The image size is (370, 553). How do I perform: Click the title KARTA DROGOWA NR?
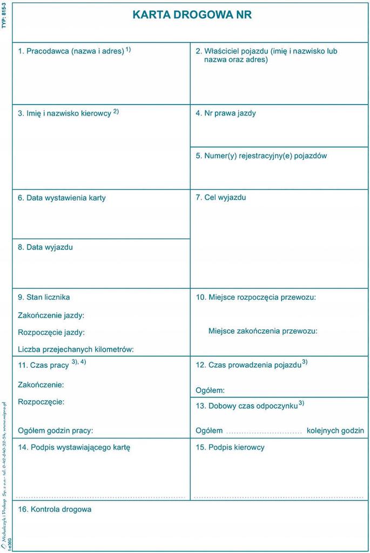click(x=192, y=15)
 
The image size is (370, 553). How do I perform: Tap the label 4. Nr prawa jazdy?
click(x=226, y=113)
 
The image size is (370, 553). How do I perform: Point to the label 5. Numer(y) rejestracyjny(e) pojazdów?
click(x=261, y=156)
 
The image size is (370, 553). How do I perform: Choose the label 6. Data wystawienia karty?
click(x=62, y=198)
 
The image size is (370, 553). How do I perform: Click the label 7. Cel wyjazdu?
click(x=220, y=198)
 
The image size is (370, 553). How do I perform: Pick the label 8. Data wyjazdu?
click(x=45, y=247)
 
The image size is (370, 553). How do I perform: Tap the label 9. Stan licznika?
click(x=44, y=297)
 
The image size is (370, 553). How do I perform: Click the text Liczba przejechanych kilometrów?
click(x=76, y=349)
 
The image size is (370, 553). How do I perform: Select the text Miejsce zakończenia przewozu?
click(x=263, y=331)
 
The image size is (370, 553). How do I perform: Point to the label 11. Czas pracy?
click(x=44, y=365)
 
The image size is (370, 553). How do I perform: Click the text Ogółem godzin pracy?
click(x=56, y=430)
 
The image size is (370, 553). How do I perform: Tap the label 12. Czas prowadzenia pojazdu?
click(x=248, y=365)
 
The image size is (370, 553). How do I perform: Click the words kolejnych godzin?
click(x=335, y=430)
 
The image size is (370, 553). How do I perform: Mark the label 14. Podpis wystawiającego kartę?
click(x=74, y=447)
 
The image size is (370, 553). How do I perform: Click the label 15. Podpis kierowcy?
click(x=230, y=447)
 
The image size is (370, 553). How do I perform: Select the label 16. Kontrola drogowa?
click(x=55, y=509)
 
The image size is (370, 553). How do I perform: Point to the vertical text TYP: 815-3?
click(x=4, y=16)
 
